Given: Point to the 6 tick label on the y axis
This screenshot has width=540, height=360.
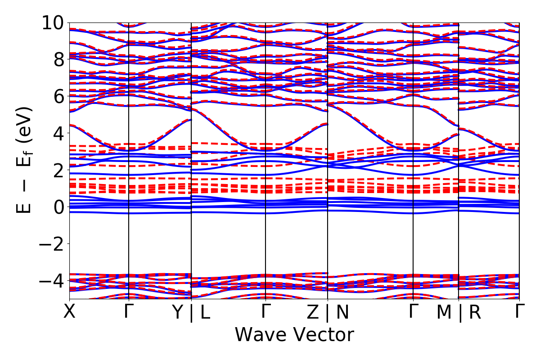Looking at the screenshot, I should point(57,96).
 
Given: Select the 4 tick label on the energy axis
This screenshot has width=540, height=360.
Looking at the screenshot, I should point(57,133).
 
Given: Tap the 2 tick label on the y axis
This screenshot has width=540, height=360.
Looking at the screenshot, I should point(57,170).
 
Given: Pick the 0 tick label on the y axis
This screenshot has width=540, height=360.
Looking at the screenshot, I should point(57,207).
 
